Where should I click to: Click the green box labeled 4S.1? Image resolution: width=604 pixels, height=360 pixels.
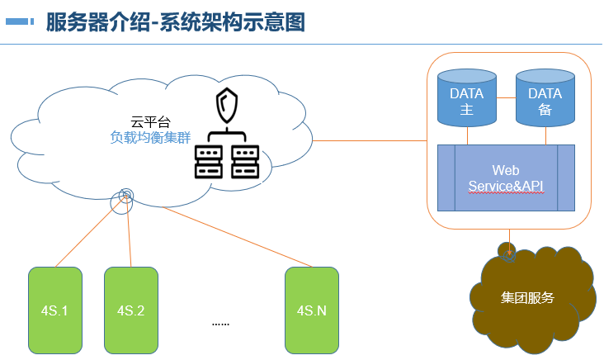click(55, 310)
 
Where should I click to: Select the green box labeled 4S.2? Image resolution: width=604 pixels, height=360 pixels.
click(131, 310)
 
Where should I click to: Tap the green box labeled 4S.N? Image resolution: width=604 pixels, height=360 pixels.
click(312, 310)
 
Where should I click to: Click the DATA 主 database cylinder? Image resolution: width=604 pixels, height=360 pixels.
click(467, 98)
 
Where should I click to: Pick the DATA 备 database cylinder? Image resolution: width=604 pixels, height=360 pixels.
click(545, 98)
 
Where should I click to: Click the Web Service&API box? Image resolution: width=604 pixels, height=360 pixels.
click(506, 178)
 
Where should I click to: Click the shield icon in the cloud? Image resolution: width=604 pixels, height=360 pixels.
click(227, 105)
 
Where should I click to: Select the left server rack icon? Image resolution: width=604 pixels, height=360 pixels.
click(209, 162)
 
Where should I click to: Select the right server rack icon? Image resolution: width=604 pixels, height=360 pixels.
click(245, 162)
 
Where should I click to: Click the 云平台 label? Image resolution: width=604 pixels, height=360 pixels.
click(150, 122)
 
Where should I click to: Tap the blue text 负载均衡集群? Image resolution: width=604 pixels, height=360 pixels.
click(150, 137)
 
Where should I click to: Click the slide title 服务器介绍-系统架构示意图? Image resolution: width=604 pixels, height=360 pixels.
click(176, 22)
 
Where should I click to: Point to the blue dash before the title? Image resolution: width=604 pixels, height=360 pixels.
click(20, 21)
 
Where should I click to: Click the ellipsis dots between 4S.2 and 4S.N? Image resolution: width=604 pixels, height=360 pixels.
click(220, 324)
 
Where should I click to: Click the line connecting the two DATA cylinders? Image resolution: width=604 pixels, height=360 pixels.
click(506, 98)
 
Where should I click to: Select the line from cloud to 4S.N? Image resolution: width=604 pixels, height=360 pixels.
click(237, 237)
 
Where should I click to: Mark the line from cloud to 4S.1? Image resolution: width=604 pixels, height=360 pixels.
click(91, 232)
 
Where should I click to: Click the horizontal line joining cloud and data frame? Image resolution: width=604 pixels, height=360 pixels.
click(370, 140)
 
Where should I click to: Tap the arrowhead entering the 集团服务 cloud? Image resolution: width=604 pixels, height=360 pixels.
click(509, 253)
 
